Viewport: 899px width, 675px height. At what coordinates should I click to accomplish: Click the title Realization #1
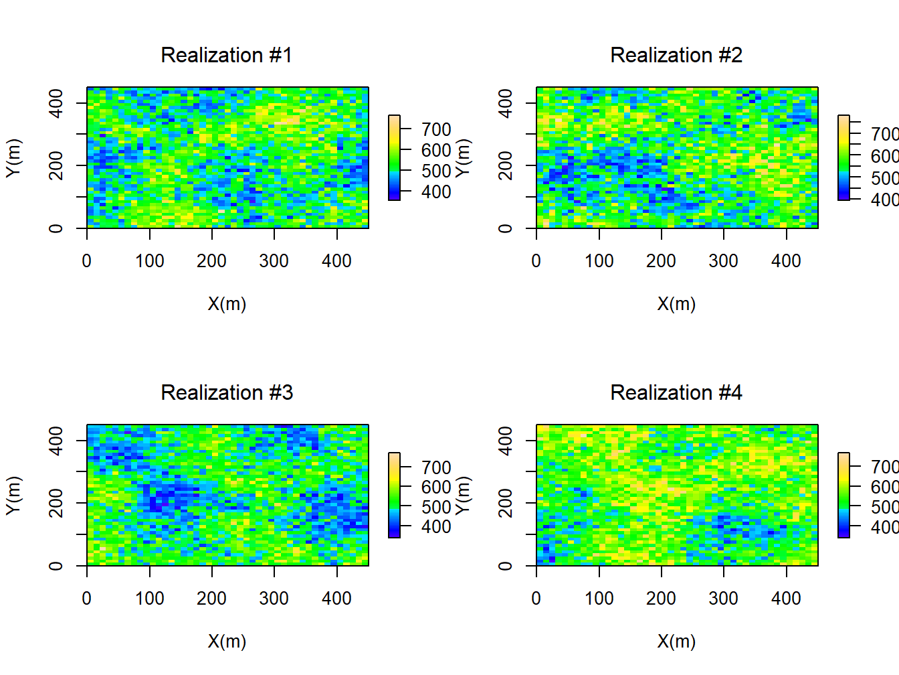227,55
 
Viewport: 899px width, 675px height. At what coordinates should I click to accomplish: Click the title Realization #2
676,55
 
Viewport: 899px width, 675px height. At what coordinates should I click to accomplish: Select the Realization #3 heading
227,392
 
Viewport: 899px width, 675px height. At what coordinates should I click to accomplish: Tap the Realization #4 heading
676,392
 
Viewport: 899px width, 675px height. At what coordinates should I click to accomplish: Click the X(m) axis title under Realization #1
227,304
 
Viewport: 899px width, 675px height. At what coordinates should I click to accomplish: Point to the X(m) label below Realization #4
676,642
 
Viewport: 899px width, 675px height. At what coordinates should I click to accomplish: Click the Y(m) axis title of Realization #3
13,496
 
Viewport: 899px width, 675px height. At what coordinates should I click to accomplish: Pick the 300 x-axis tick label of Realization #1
274,261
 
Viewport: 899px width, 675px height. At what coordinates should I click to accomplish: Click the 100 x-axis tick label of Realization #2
599,261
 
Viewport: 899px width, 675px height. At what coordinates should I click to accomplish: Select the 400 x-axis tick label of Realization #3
336,599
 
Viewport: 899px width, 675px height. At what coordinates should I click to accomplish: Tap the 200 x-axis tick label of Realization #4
661,599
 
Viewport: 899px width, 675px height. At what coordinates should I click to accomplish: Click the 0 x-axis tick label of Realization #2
536,261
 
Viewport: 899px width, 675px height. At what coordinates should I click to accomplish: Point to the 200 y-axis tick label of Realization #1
56,165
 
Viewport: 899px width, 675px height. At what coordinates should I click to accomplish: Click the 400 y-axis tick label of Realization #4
505,441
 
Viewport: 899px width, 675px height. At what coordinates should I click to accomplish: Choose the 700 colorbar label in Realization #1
436,129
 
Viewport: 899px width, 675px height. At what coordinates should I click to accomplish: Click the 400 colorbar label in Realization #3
436,527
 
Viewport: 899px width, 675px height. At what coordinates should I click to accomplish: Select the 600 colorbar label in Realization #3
436,487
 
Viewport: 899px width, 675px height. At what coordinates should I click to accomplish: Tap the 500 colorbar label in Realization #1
436,171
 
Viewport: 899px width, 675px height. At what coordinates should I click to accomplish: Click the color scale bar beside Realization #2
843,157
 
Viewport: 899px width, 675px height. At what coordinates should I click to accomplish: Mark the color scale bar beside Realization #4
843,495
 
